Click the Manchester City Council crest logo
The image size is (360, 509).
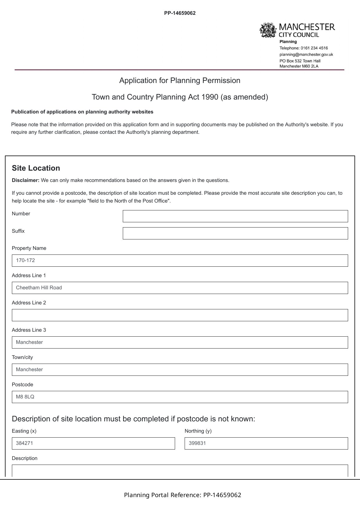click(x=268, y=30)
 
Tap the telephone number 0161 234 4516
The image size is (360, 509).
click(x=314, y=48)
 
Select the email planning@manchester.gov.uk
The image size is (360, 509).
click(x=306, y=55)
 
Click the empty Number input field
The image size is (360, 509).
click(x=235, y=216)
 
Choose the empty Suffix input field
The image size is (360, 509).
click(x=235, y=233)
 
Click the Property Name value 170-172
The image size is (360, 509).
click(x=26, y=261)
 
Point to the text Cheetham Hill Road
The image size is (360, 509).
click(x=39, y=288)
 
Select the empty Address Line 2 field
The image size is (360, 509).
click(x=180, y=315)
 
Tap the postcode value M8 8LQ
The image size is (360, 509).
click(x=25, y=397)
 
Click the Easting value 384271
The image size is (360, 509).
click(x=24, y=443)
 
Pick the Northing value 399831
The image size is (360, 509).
click(x=197, y=443)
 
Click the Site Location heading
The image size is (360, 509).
click(x=36, y=168)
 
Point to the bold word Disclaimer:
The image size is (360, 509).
click(x=26, y=181)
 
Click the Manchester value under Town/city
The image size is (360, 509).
click(x=29, y=370)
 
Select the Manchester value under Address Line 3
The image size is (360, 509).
click(x=29, y=342)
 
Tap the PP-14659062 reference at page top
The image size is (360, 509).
click(x=180, y=13)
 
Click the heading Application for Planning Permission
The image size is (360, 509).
click(x=180, y=81)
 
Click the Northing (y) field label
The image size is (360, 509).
click(x=198, y=431)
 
